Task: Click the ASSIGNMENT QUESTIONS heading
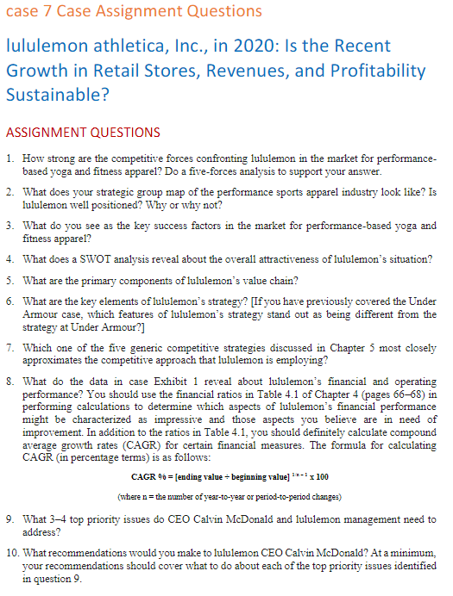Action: [x=82, y=132]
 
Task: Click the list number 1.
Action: [x=9, y=160]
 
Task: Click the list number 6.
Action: [x=9, y=301]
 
